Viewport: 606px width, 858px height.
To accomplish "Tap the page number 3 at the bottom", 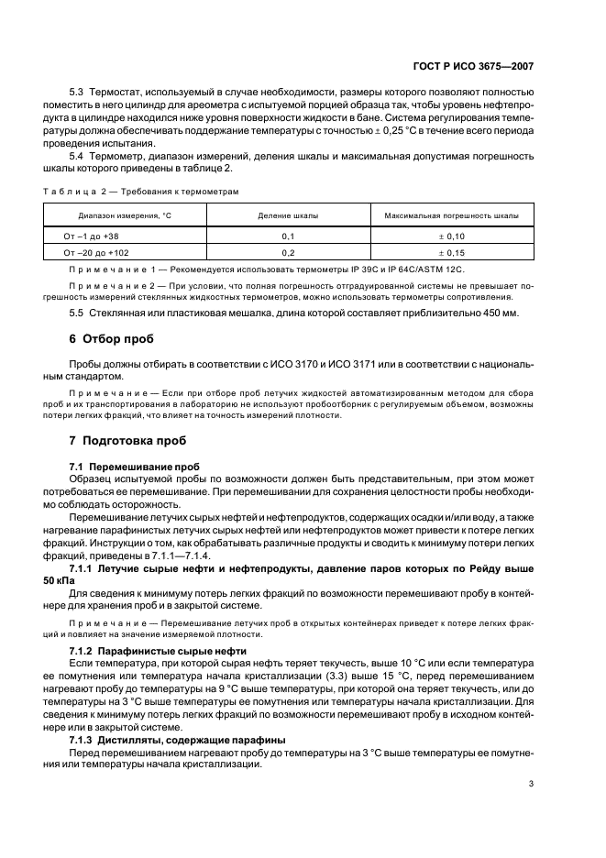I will pos(532,784).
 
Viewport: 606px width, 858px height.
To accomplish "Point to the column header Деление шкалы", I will pos(287,215).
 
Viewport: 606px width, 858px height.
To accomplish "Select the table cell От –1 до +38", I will pos(92,236).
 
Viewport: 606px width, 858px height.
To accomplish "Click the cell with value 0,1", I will pos(287,236).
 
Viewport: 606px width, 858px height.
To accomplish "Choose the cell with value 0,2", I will pos(287,251).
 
